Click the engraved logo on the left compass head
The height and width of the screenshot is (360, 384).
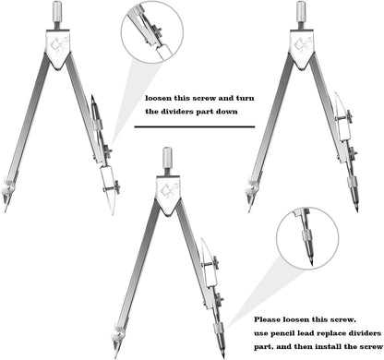tap(58, 44)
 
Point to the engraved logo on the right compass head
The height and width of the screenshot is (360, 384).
tap(302, 44)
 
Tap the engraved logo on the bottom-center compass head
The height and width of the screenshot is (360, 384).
tap(168, 191)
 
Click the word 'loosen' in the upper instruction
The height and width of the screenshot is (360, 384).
tap(158, 99)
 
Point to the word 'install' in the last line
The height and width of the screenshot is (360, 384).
tap(326, 347)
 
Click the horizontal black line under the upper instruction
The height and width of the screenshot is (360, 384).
tap(195, 126)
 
